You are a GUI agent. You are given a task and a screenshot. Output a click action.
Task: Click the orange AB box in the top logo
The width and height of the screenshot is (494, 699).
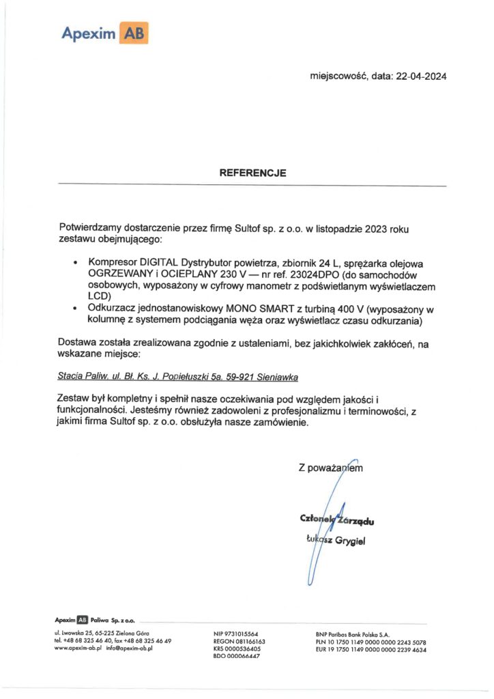(x=134, y=32)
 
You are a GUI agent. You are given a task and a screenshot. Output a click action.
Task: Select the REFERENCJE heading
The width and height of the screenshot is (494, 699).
(x=252, y=173)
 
